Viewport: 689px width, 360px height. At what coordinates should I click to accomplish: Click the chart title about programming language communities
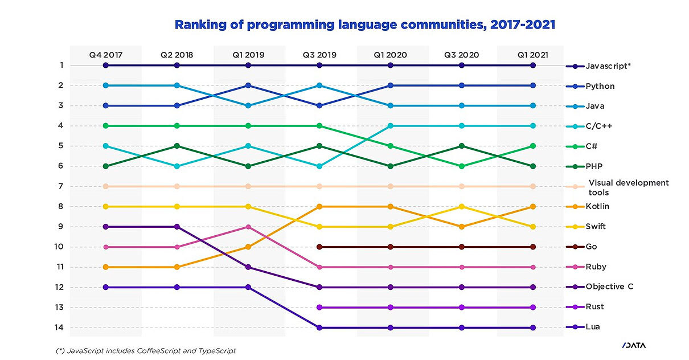(364, 25)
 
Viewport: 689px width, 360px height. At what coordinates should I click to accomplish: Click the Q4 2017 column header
(105, 55)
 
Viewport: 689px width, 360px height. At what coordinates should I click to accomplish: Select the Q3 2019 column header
(319, 55)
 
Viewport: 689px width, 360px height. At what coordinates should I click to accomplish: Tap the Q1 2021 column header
(532, 55)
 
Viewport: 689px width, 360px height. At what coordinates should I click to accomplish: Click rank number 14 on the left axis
(58, 328)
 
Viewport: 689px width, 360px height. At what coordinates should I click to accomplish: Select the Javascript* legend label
(608, 66)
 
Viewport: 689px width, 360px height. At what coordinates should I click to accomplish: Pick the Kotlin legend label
(597, 206)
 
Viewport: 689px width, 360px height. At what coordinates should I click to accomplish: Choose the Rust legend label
(594, 307)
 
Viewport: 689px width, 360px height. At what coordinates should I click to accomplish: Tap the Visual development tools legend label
(628, 187)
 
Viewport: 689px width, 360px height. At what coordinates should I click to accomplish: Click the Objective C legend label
(609, 287)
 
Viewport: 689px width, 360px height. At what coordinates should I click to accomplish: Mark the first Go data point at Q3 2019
(319, 247)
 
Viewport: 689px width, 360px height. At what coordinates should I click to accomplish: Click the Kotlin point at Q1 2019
(248, 247)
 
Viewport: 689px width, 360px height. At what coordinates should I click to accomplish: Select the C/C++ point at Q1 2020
(390, 125)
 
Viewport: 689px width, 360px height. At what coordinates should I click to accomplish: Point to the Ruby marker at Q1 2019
(248, 227)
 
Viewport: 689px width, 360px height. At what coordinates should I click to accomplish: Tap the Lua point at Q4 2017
(105, 287)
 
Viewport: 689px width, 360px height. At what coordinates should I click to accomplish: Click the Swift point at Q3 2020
(461, 206)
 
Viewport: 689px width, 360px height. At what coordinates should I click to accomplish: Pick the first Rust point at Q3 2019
(319, 307)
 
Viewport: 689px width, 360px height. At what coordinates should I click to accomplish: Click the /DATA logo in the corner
(634, 345)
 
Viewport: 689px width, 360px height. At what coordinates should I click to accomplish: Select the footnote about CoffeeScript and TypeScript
(145, 351)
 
